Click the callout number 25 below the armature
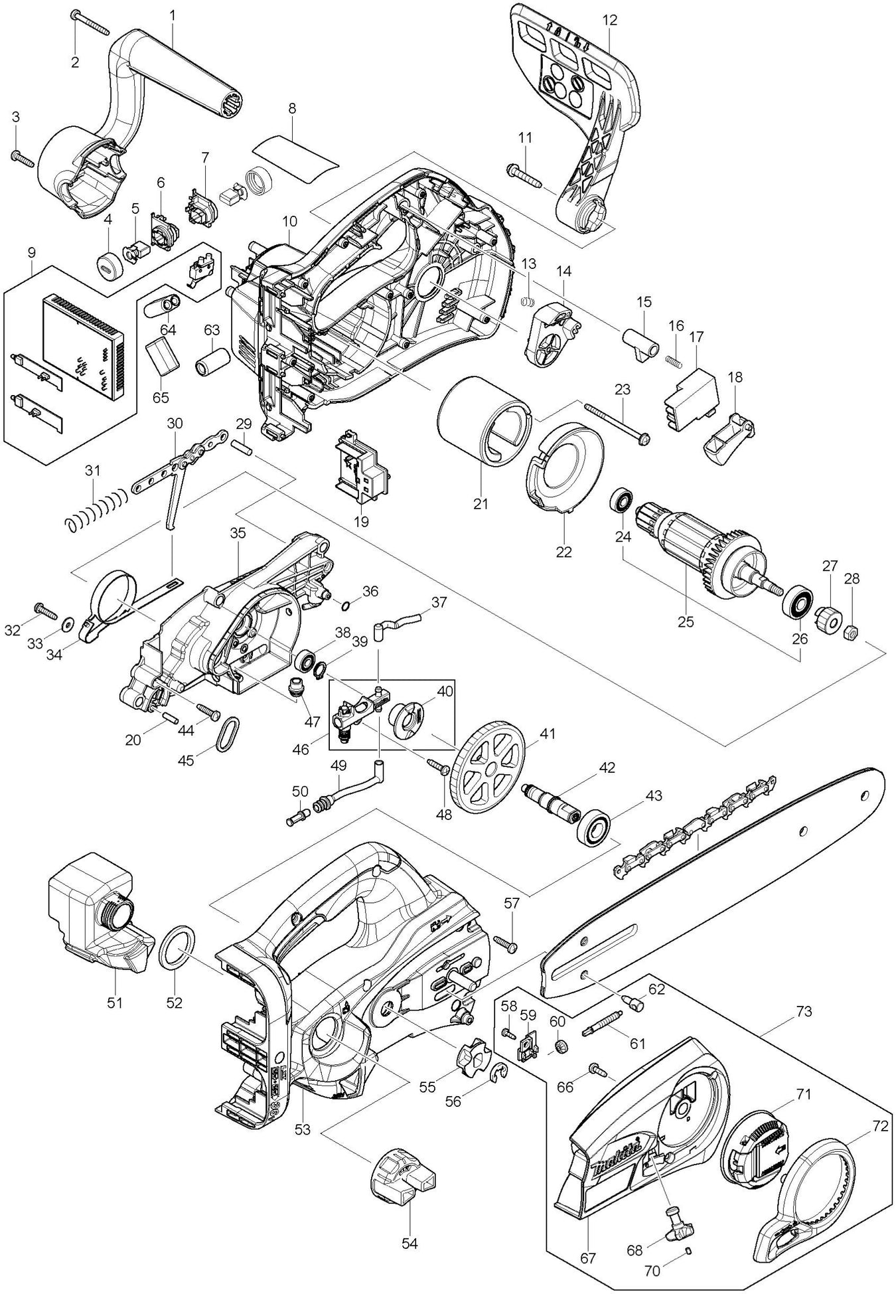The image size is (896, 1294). tap(685, 621)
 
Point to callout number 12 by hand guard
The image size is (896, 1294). tap(609, 21)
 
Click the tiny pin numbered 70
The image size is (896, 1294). tap(688, 1252)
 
